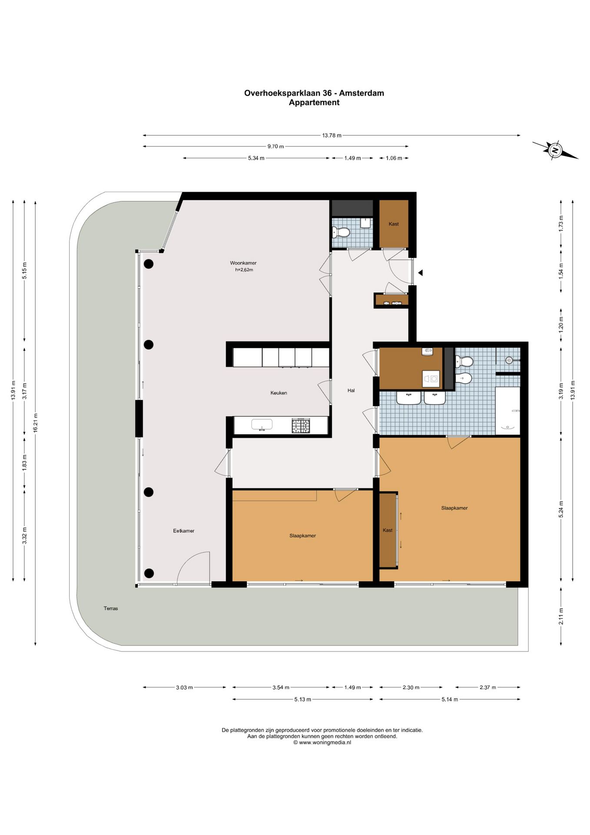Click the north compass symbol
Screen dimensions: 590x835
pyautogui.click(x=555, y=150)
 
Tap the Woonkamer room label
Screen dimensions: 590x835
pyautogui.click(x=243, y=263)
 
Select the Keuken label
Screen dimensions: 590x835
pyautogui.click(x=278, y=393)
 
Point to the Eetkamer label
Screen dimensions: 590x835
pyautogui.click(x=184, y=531)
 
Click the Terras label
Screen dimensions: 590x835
pyautogui.click(x=111, y=608)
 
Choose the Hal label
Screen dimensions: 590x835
pyautogui.click(x=351, y=391)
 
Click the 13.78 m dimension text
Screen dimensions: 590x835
pyautogui.click(x=331, y=135)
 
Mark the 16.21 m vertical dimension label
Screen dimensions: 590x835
pyautogui.click(x=36, y=423)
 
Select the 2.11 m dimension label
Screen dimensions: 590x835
pyautogui.click(x=561, y=616)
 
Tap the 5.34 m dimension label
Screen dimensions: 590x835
pyautogui.click(x=256, y=158)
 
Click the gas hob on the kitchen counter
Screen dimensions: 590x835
pyautogui.click(x=301, y=426)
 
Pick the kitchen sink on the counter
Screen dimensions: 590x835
pyautogui.click(x=262, y=424)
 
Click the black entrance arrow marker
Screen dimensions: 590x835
pyautogui.click(x=420, y=273)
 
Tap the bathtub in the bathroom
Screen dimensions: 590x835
pyautogui.click(x=507, y=411)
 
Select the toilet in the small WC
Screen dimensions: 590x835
pyautogui.click(x=341, y=233)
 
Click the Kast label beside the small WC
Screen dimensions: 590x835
pyautogui.click(x=394, y=224)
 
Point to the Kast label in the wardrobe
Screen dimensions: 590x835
pyautogui.click(x=388, y=530)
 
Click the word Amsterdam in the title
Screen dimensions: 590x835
pyautogui.click(x=361, y=93)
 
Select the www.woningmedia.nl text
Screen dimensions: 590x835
pyautogui.click(x=325, y=742)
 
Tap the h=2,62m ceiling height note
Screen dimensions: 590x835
pyautogui.click(x=244, y=270)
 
